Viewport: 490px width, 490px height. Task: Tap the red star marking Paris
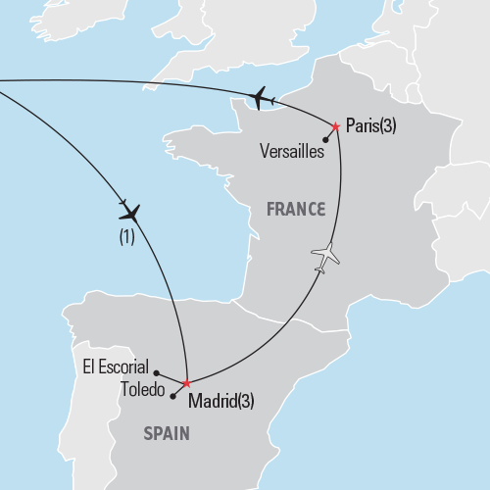[x=336, y=126]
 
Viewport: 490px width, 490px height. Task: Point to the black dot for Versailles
[x=324, y=140]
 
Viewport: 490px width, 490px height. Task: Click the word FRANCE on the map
[x=295, y=209]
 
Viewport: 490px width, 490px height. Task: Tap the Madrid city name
[x=212, y=400]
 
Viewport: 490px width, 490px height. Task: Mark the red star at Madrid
[x=186, y=383]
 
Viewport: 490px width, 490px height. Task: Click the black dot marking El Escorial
[x=157, y=372]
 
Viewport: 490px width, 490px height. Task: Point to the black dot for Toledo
[x=172, y=396]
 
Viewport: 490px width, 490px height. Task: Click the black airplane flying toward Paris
[x=261, y=97]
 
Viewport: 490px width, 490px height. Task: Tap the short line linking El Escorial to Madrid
[x=171, y=377]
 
